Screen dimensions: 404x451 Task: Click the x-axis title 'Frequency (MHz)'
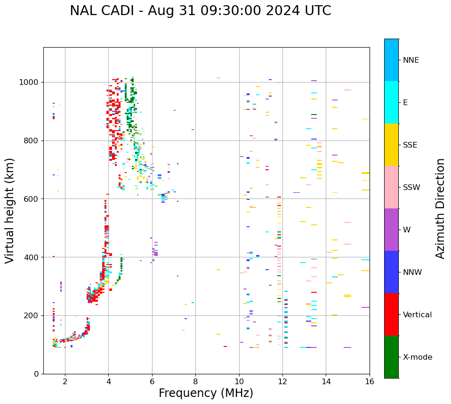click(206, 393)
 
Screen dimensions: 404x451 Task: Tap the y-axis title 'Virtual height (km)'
click(10, 210)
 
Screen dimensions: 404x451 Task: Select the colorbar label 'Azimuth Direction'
click(440, 208)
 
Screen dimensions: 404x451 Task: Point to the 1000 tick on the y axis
click(31, 82)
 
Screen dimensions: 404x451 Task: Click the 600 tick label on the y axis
click(33, 199)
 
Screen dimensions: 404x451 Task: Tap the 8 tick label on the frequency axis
click(195, 381)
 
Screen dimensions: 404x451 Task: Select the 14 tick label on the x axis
click(326, 381)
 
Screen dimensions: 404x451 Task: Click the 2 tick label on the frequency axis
click(65, 381)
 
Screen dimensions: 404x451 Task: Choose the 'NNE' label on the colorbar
click(411, 60)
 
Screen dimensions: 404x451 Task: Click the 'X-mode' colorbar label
click(417, 357)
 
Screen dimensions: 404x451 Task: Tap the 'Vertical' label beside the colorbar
click(417, 315)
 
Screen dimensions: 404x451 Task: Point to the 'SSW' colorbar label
click(411, 188)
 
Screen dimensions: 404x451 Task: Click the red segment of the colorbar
click(391, 314)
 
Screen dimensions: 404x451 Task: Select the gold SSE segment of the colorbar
click(391, 145)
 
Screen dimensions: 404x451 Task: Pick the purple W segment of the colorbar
click(391, 230)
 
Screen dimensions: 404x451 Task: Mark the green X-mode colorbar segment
click(391, 357)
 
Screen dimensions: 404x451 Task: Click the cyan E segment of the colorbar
click(391, 102)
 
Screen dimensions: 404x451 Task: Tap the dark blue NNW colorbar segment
click(391, 272)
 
